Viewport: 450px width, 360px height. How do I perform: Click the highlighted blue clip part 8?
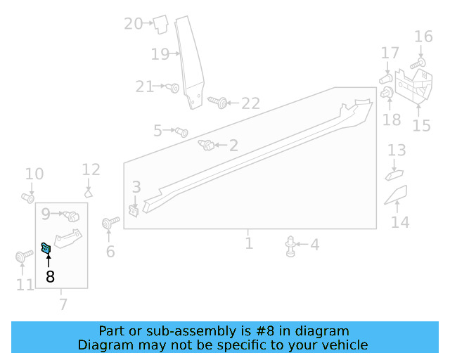pyautogui.click(x=46, y=247)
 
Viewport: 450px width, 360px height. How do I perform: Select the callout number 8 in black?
pyautogui.click(x=50, y=277)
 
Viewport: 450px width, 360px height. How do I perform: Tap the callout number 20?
pyautogui.click(x=133, y=24)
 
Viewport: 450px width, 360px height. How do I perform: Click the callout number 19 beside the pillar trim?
pyautogui.click(x=160, y=53)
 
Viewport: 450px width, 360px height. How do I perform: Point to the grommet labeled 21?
pyautogui.click(x=174, y=88)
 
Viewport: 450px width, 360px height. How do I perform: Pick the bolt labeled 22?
pyautogui.click(x=219, y=103)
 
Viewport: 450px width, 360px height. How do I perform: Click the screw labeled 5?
pyautogui.click(x=181, y=131)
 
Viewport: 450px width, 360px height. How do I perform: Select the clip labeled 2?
pyautogui.click(x=207, y=146)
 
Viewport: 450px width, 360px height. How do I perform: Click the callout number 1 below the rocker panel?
pyautogui.click(x=249, y=243)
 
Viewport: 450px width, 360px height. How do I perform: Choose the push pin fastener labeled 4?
pyautogui.click(x=291, y=245)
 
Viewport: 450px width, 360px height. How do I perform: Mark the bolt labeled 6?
pyautogui.click(x=108, y=224)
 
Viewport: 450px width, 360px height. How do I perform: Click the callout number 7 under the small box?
pyautogui.click(x=63, y=304)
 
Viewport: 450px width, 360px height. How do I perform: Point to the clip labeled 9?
pyautogui.click(x=70, y=214)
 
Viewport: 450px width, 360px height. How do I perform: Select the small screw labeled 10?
pyautogui.click(x=28, y=198)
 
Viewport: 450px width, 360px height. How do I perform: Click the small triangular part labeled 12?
pyautogui.click(x=89, y=192)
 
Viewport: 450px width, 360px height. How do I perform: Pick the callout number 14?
pyautogui.click(x=399, y=223)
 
